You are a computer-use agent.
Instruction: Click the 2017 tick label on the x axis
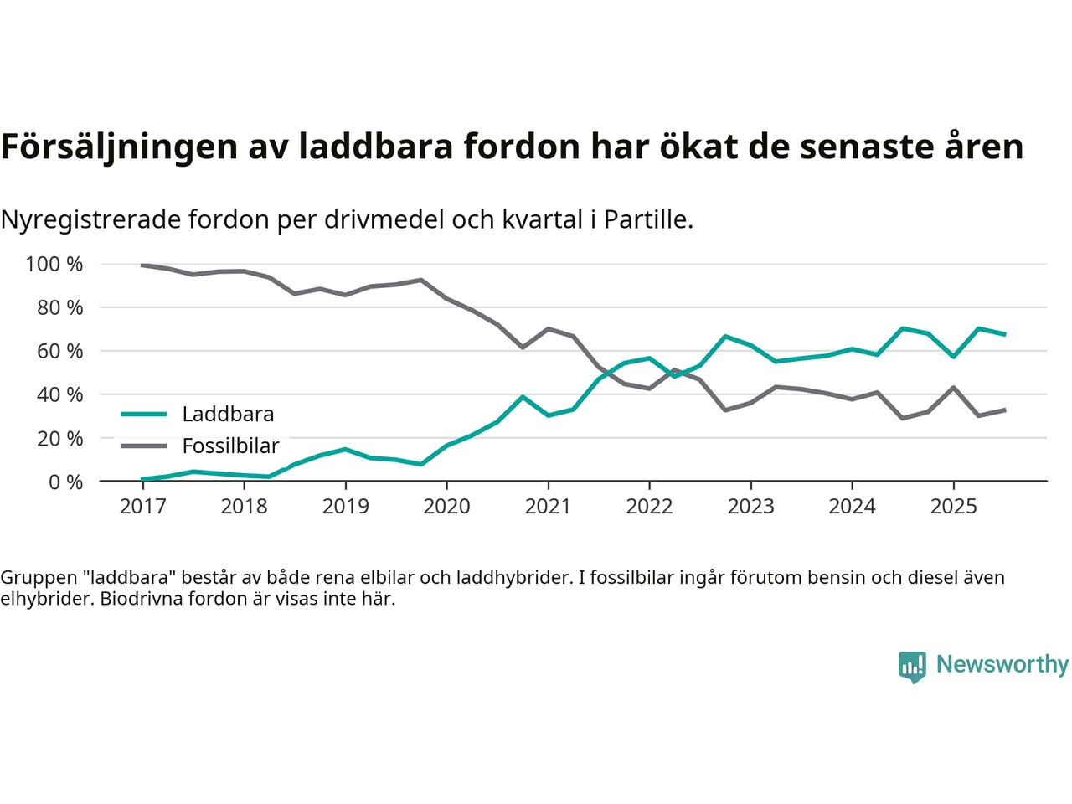pyautogui.click(x=142, y=507)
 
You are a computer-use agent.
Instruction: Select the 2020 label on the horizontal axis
pyautogui.click(x=446, y=507)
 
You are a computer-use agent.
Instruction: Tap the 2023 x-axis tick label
pyautogui.click(x=750, y=507)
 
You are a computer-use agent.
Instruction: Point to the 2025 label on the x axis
pyautogui.click(x=953, y=507)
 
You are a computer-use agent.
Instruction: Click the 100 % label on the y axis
pyautogui.click(x=54, y=265)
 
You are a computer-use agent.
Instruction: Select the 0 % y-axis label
pyautogui.click(x=64, y=482)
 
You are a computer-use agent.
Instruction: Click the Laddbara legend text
pyautogui.click(x=228, y=414)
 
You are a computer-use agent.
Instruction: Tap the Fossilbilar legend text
pyautogui.click(x=230, y=446)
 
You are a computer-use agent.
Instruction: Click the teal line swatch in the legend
pyautogui.click(x=143, y=414)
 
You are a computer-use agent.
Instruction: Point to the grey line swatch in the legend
pyautogui.click(x=143, y=446)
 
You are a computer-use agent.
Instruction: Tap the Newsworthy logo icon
pyautogui.click(x=912, y=667)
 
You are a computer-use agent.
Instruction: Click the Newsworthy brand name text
pyautogui.click(x=1002, y=665)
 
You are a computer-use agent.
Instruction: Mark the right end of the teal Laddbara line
pyautogui.click(x=1004, y=334)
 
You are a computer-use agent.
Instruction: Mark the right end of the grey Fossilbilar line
pyautogui.click(x=1004, y=410)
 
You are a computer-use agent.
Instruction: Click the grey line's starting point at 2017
pyautogui.click(x=142, y=265)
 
